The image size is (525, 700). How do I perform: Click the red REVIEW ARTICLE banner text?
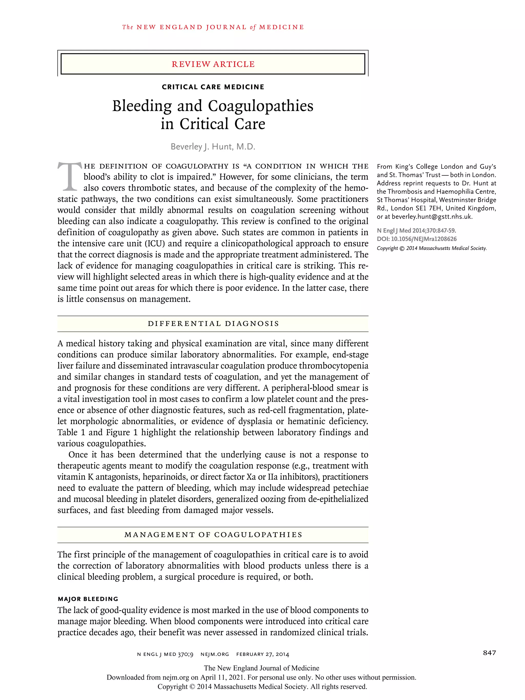click(213, 64)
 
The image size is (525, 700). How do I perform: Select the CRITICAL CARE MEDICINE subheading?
click(213, 87)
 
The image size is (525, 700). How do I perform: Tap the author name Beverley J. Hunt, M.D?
click(213, 146)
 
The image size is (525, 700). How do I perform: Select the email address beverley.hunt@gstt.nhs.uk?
click(432, 217)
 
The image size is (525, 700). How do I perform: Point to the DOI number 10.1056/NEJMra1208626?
click(424, 239)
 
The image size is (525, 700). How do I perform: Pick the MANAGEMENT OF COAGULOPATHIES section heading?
click(213, 535)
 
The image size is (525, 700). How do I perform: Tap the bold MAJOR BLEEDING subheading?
click(88, 599)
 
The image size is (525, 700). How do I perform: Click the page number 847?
click(489, 653)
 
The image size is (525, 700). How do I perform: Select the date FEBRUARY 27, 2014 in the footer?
click(263, 654)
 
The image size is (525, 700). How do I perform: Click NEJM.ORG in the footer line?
click(215, 654)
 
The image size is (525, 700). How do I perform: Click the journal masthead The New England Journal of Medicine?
click(213, 27)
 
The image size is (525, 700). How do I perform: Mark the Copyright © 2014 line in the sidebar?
click(431, 248)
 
